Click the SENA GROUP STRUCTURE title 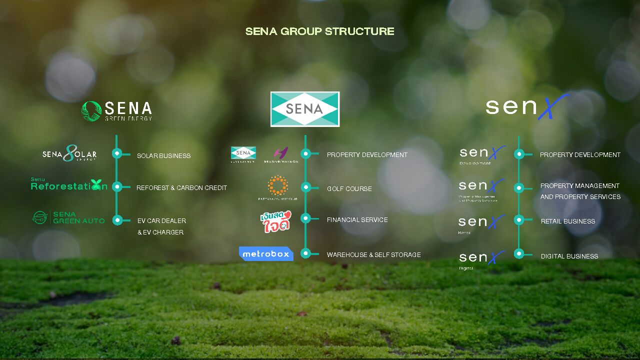coord(319,31)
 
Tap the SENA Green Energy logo coord(116,111)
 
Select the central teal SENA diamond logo coord(304,109)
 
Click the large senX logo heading coord(527,106)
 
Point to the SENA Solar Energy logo coord(69,153)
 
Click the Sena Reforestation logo coord(69,185)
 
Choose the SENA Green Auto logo coord(68,217)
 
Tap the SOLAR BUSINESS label coord(163,155)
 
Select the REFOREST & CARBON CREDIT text coord(181,187)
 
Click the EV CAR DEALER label coord(161,220)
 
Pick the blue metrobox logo coord(266,253)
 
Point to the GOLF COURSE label coord(349,188)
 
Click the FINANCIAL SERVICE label coord(357,219)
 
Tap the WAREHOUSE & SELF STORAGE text coord(373,254)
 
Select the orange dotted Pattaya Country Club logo coord(277,186)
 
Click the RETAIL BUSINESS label coord(567,221)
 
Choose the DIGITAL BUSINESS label coord(569,256)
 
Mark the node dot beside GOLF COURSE coord(306,187)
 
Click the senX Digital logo coord(481,258)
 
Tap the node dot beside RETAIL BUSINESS coord(519,219)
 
